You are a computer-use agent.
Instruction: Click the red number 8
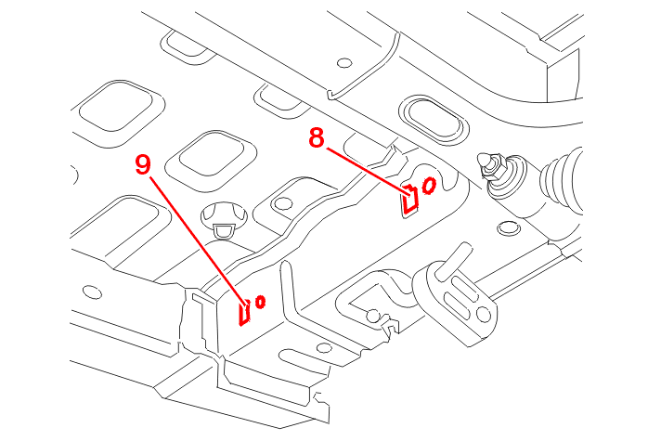click(318, 139)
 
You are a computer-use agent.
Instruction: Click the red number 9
click(143, 165)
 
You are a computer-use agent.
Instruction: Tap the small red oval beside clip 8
click(429, 185)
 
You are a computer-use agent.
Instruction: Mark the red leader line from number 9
click(198, 238)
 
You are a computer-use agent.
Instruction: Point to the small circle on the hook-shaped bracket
click(373, 317)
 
